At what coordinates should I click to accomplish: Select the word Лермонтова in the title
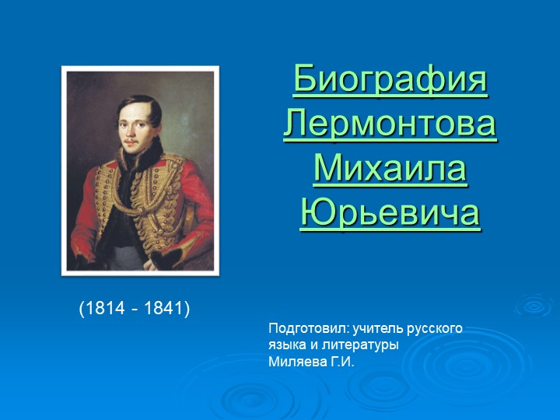pos(390,124)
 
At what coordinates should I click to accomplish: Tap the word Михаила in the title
pos(390,169)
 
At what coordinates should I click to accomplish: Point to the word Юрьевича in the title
pos(390,213)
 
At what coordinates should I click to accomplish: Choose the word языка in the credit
pos(286,345)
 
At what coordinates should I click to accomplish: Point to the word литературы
pos(359,345)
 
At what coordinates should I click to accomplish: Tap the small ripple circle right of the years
pos(534,305)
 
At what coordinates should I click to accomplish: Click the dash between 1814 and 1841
pos(134,310)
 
